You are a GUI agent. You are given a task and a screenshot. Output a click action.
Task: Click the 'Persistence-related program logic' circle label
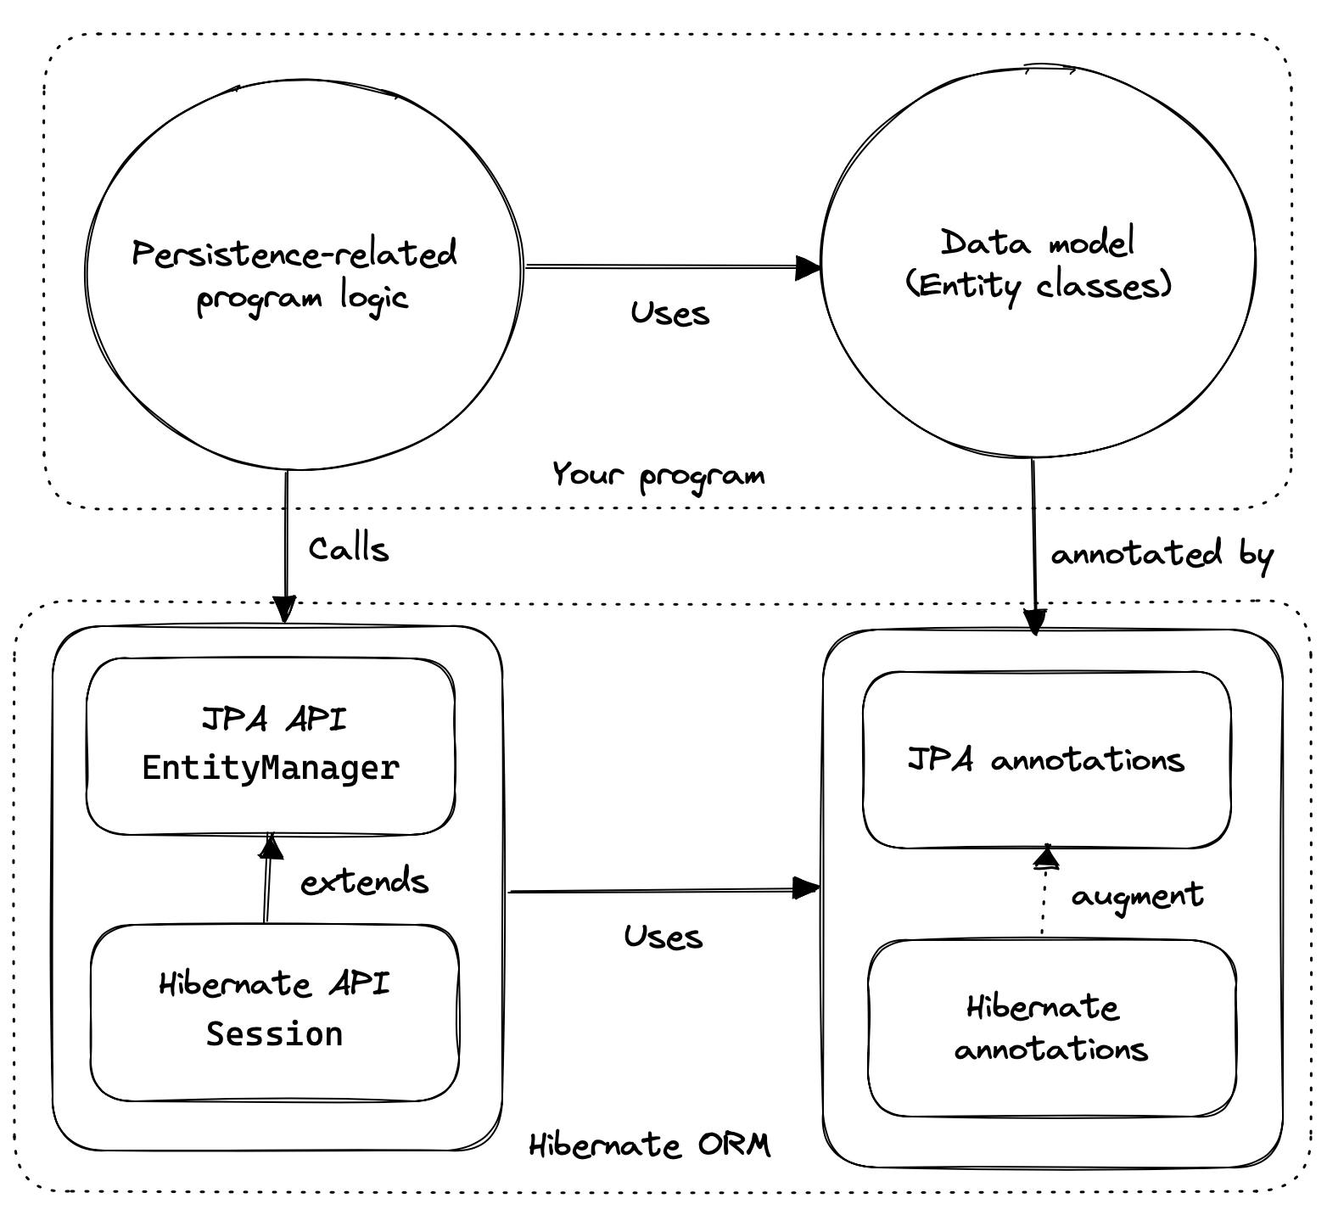pos(295,276)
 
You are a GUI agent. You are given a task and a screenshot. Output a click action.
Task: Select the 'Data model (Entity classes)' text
pos(1038,264)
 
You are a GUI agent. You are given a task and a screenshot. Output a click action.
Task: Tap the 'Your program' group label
pos(658,475)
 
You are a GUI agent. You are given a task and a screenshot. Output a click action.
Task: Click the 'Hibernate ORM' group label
pos(650,1145)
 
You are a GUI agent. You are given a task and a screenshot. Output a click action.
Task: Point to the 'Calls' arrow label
pos(349,550)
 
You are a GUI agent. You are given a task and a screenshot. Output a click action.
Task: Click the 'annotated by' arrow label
pos(1162,555)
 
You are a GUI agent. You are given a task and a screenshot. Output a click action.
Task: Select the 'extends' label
pos(365,882)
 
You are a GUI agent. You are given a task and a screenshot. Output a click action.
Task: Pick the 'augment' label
pos(1137,896)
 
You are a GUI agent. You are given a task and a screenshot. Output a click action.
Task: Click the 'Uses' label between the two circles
pos(669,314)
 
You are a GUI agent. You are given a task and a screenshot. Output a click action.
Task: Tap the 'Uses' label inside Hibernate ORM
pos(663,937)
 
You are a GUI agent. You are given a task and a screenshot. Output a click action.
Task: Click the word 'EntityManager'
pos(271,768)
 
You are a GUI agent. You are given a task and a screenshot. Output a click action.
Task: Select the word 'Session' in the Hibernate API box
pos(274,1034)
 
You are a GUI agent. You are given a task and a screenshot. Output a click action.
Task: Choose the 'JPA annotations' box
pos(1046,759)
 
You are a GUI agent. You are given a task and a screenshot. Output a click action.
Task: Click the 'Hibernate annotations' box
pos(1051,1027)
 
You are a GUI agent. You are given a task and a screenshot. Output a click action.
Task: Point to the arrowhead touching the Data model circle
pos(809,268)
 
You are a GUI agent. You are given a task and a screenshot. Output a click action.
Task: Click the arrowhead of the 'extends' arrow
pos(270,847)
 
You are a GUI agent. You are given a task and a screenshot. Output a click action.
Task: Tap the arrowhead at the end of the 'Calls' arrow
pos(284,609)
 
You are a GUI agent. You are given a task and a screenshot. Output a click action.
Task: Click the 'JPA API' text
pos(274,719)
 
